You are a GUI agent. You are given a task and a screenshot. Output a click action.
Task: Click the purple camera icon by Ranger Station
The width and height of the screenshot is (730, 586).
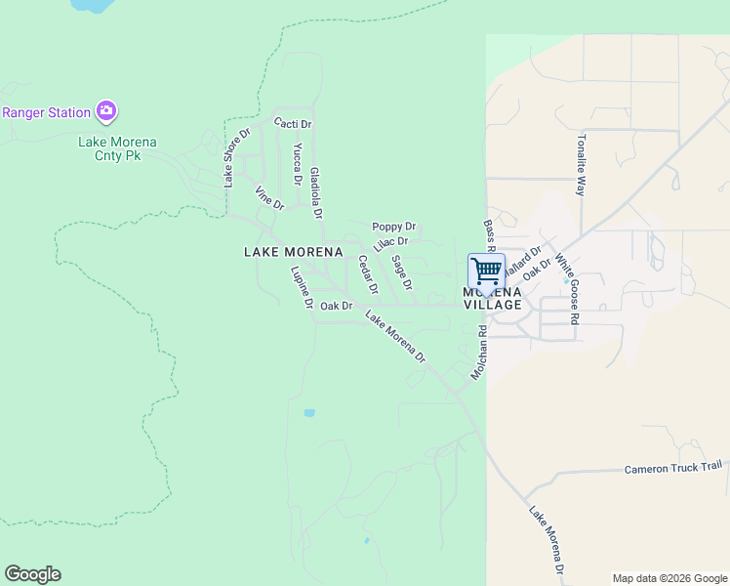click(106, 111)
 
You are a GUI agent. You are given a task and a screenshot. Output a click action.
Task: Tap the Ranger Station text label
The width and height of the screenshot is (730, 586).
click(46, 112)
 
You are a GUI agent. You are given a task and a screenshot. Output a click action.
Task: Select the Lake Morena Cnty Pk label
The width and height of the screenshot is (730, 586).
click(117, 148)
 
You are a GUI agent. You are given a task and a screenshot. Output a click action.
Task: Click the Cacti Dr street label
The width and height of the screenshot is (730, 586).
click(292, 124)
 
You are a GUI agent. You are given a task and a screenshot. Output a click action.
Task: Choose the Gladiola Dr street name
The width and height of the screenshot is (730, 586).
click(315, 191)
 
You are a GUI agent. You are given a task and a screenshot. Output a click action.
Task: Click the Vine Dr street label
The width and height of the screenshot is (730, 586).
click(268, 197)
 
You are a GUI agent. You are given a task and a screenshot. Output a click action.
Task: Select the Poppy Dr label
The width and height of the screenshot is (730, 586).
click(393, 227)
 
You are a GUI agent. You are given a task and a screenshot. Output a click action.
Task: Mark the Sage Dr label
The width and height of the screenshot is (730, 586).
click(402, 272)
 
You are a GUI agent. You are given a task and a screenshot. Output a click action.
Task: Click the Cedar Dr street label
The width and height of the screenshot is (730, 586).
click(368, 274)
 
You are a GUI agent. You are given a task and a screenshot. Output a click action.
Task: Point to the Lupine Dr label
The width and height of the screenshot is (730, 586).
click(301, 288)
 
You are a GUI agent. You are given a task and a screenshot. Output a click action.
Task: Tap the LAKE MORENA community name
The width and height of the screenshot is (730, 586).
click(293, 252)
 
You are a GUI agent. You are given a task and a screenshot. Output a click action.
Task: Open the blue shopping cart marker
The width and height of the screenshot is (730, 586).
click(486, 269)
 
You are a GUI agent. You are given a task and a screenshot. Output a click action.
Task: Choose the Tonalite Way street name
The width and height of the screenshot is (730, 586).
click(582, 165)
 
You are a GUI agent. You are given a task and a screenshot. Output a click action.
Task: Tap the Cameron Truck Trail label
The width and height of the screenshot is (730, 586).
click(671, 468)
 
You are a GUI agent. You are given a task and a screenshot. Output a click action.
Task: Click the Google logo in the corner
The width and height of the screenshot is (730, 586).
click(32, 574)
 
